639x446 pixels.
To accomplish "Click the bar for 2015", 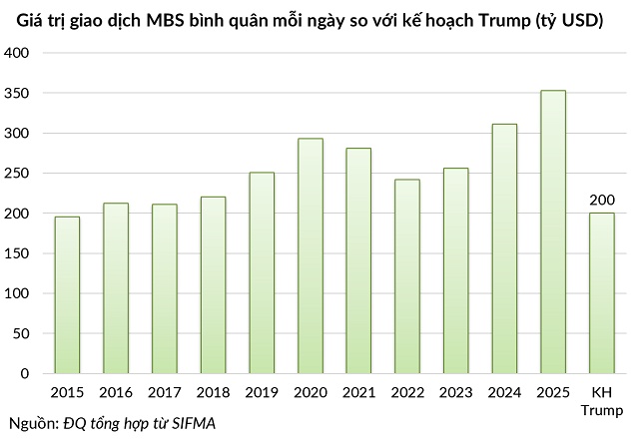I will coord(67,294).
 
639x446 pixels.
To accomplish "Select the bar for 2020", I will coord(311,255).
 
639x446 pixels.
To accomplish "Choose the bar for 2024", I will coord(504,248).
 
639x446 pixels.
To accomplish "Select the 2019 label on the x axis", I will coord(262,392).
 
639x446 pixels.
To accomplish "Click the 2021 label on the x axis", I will coord(358,392).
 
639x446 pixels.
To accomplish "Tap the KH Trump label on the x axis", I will coord(601,400).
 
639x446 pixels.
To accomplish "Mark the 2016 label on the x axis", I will coord(116,392).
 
